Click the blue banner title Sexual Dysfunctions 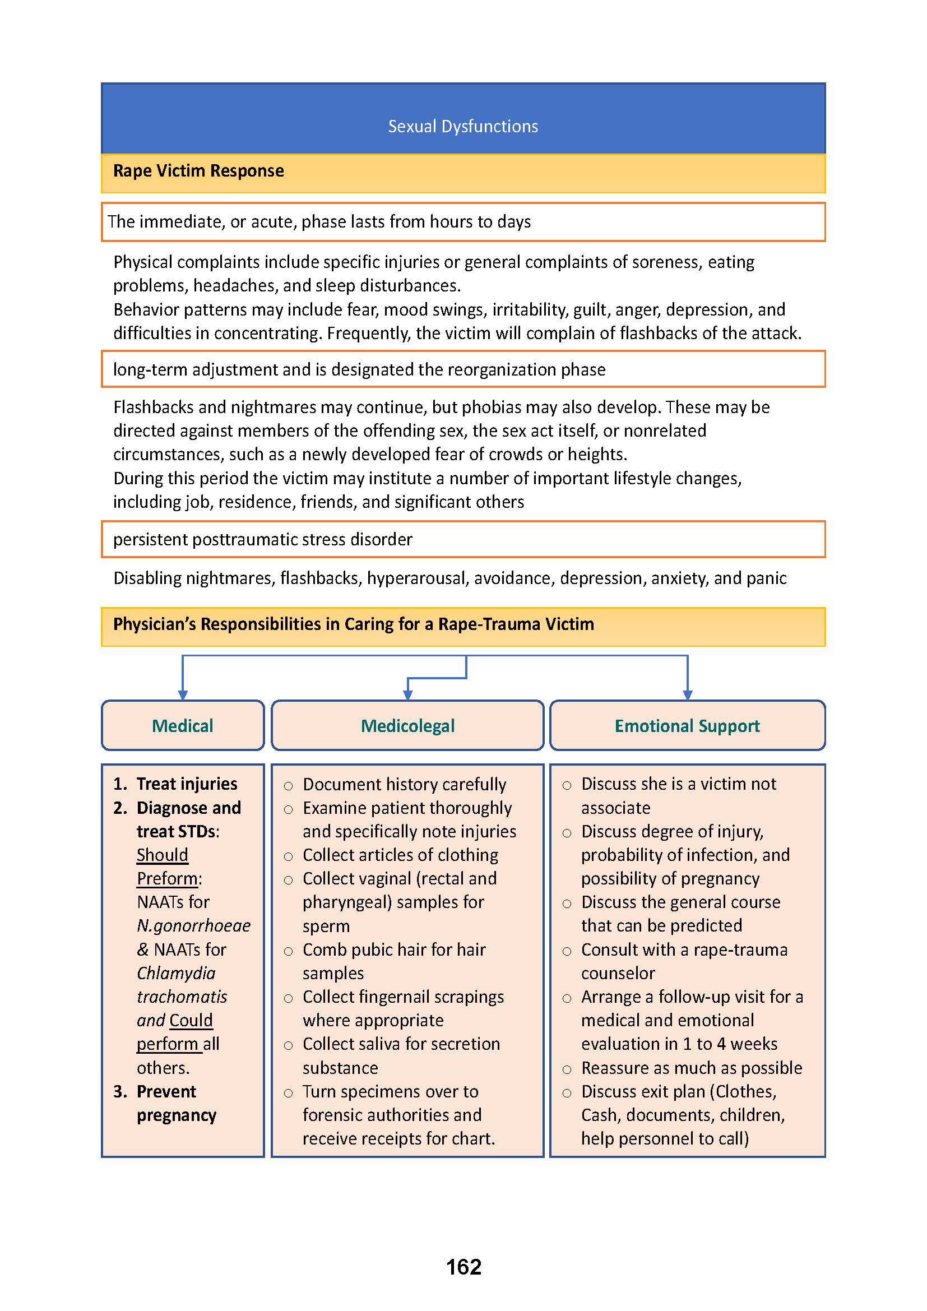click(463, 126)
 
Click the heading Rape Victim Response click(198, 171)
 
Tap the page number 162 click(463, 1267)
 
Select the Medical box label click(183, 726)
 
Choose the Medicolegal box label click(407, 726)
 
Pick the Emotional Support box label click(687, 726)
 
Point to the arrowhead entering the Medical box click(183, 695)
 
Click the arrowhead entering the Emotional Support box click(687, 695)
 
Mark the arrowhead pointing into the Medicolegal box click(407, 695)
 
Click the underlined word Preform click(168, 878)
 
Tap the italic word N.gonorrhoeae click(193, 925)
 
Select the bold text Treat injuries click(187, 784)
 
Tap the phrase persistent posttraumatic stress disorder click(262, 540)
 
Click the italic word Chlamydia click(177, 973)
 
